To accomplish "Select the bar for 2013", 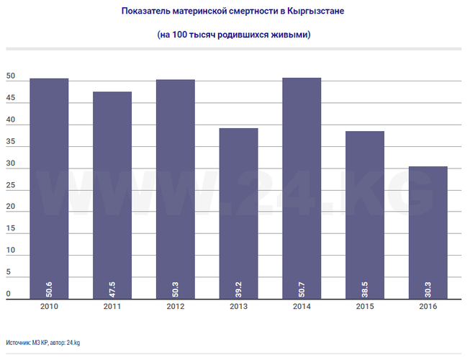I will tap(238, 213).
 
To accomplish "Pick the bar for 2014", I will tap(302, 188).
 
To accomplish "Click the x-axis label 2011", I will tap(112, 306).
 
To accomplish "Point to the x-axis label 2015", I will tap(364, 306).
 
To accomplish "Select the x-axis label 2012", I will tap(175, 306).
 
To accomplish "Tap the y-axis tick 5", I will tap(9, 273).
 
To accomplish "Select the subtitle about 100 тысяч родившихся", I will tap(234, 34).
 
